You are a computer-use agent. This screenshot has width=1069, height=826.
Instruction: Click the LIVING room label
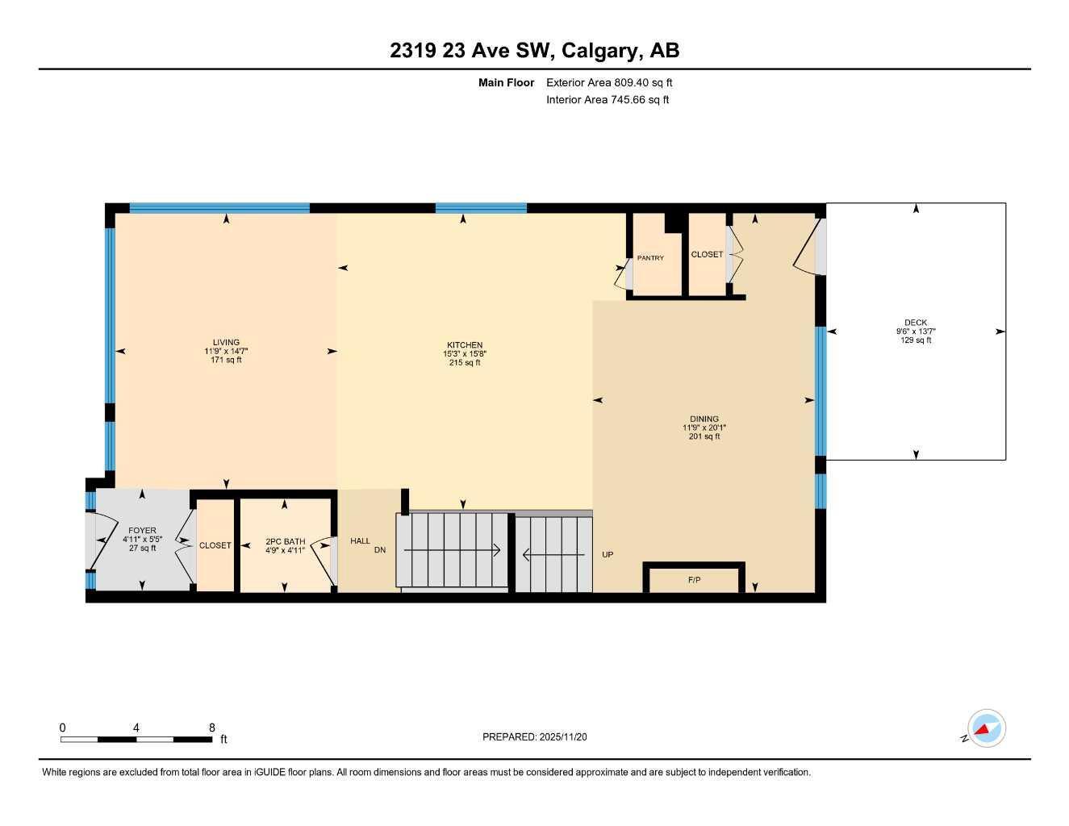tap(226, 342)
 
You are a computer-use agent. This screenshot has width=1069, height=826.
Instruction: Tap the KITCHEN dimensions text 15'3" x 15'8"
tap(465, 353)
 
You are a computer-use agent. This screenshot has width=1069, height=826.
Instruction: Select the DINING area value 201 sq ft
tap(704, 436)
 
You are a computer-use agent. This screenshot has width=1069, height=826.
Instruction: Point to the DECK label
tap(916, 323)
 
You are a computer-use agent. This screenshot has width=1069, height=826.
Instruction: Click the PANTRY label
tap(650, 258)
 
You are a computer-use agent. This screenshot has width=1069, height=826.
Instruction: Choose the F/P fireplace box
tap(694, 580)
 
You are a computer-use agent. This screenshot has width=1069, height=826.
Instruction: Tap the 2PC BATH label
tap(285, 541)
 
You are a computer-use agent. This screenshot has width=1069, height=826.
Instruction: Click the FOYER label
tap(142, 531)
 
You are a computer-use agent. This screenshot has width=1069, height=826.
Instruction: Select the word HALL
tap(360, 541)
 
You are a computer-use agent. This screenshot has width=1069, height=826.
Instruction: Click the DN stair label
tap(380, 550)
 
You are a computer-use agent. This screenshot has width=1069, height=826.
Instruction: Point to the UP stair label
tap(608, 555)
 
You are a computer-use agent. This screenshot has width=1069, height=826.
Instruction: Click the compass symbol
tap(986, 729)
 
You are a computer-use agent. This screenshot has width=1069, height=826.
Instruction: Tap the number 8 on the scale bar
tap(211, 728)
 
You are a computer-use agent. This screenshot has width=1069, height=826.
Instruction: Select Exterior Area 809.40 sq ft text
tap(609, 82)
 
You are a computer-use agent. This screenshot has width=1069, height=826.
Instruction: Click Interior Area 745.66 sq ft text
tap(608, 100)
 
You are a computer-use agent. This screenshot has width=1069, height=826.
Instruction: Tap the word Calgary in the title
tap(598, 50)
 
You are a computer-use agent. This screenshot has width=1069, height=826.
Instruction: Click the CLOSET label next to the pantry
tap(707, 254)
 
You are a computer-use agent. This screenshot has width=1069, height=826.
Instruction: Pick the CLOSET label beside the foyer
tap(215, 545)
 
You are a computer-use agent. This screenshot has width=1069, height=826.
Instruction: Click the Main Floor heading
tap(506, 82)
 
